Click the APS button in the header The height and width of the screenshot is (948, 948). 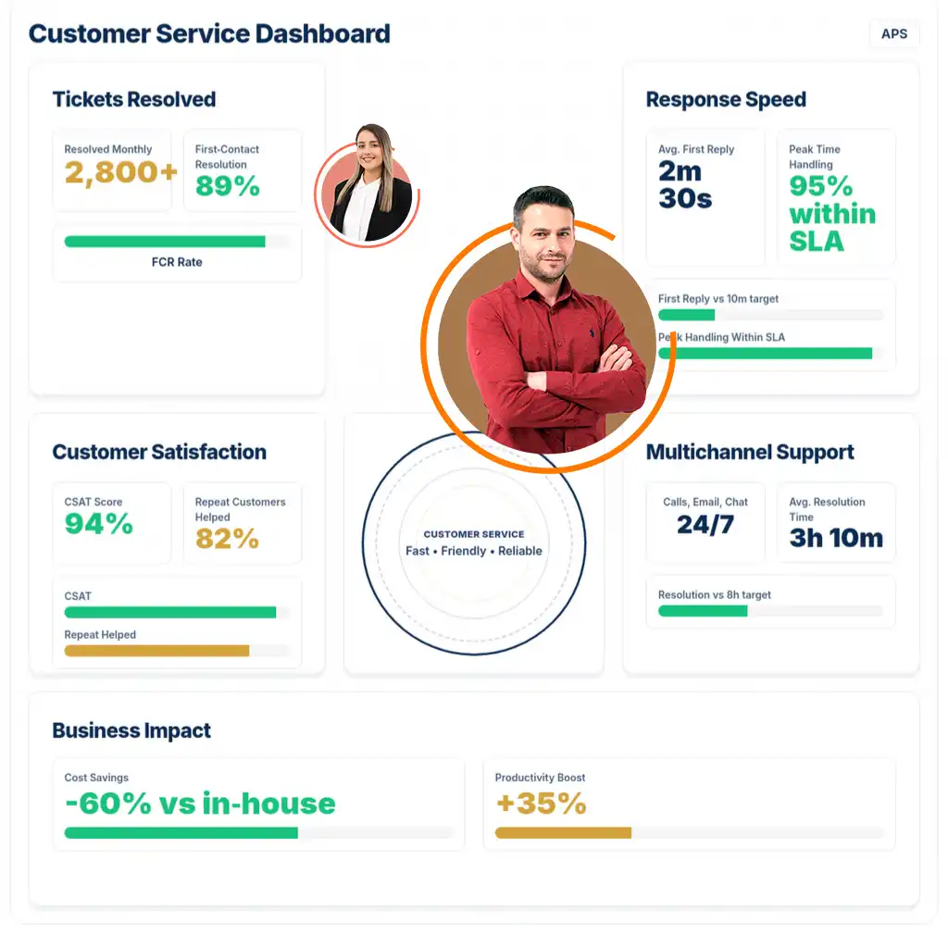pos(893,34)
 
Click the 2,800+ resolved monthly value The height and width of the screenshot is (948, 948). pos(120,173)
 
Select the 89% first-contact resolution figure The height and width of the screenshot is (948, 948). pos(228,187)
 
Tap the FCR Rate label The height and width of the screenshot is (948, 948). pos(177,262)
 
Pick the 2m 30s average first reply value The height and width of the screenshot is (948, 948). pos(686,184)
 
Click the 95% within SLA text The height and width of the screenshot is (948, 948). pos(831,214)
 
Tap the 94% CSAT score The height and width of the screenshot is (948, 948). pos(98,524)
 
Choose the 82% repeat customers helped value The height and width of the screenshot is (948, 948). pos(227,539)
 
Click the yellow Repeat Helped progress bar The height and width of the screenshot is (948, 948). pos(156,651)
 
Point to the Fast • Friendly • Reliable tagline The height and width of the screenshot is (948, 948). pos(474,551)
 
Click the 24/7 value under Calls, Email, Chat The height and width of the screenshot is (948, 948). pos(705,525)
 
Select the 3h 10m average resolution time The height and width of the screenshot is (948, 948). pos(836,538)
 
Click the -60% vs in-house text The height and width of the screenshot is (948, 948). pos(200,804)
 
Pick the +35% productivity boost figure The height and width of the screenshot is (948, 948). pos(542,804)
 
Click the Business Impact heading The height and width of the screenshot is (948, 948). pos(131,730)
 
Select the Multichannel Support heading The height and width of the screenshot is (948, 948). pos(750,452)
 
